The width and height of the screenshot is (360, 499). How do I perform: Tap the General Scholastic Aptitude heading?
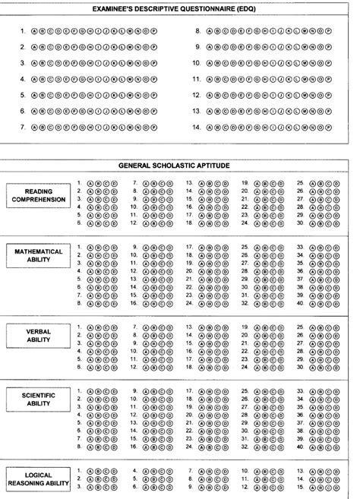point(180,165)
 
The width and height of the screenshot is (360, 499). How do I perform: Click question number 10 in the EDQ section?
point(197,64)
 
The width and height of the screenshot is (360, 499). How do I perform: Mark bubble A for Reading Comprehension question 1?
point(90,183)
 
